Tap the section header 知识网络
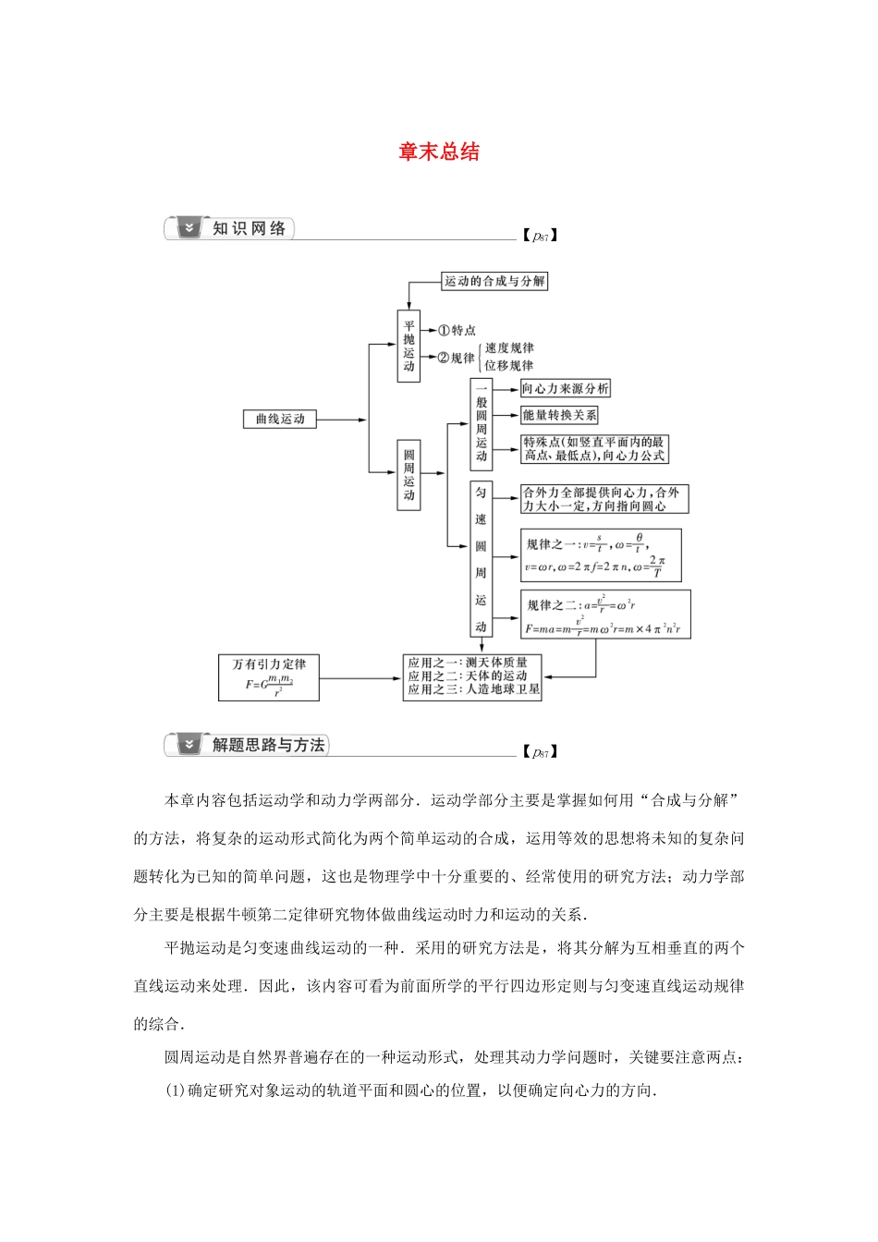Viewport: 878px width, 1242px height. [x=249, y=228]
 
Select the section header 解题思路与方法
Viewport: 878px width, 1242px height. [x=268, y=745]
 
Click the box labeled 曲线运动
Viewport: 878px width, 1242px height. [x=280, y=420]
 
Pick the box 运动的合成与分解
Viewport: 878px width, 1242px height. [x=494, y=281]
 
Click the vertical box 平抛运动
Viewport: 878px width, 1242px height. [x=409, y=347]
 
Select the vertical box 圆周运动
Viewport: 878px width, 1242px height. [x=409, y=475]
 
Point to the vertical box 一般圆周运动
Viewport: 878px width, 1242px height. [x=482, y=423]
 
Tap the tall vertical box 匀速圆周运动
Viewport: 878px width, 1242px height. [x=481, y=558]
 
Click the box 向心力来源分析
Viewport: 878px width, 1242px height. [x=565, y=389]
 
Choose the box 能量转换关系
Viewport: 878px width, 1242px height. [x=559, y=416]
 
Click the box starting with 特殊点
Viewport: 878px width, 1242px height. [x=593, y=449]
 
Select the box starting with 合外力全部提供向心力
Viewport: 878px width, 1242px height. [x=604, y=499]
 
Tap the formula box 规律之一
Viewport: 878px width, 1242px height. [x=600, y=555]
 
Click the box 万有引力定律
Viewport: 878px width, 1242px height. [x=269, y=677]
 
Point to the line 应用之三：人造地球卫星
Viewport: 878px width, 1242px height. [x=473, y=689]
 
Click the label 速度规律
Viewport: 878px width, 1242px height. [x=509, y=348]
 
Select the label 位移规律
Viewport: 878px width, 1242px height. [x=509, y=365]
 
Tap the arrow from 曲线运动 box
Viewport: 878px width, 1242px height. [x=342, y=420]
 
